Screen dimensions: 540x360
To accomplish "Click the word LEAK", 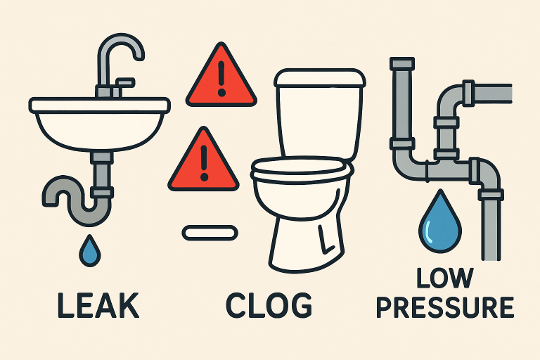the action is pos(98,305).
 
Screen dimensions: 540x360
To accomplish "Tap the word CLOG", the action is pos(269,305).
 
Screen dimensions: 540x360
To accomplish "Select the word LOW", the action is pos(444,278).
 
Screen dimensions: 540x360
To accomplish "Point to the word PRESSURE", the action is pos(445,307).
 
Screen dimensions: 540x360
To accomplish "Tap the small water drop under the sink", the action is pos(90,251).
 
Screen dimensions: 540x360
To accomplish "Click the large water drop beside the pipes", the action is pos(440,222).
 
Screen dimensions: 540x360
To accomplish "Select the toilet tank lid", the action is pos(320,78).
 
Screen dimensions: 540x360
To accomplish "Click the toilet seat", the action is pos(302,169).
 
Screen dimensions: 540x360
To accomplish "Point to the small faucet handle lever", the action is pos(124,83).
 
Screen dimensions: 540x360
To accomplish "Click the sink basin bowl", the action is pos(100,131).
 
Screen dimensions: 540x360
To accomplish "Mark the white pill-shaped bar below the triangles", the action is pos(210,233).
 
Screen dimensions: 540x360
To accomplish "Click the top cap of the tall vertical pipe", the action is pos(402,63).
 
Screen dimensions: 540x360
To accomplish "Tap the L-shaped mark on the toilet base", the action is pos(325,240).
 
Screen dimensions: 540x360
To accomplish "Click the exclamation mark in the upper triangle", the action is pos(221,79).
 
